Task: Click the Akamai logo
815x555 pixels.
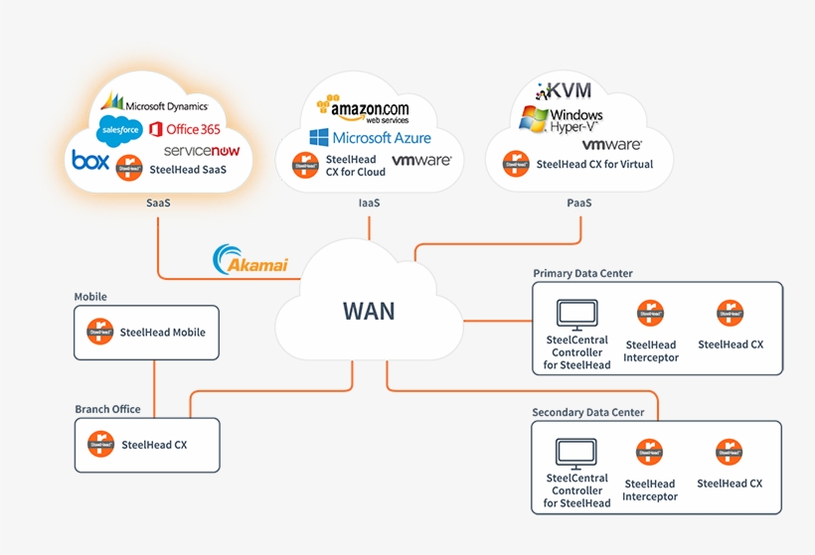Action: [x=250, y=260]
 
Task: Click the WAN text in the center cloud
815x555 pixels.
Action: [x=369, y=311]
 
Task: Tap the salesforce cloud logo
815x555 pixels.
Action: [x=118, y=129]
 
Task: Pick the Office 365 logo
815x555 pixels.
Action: [x=185, y=129]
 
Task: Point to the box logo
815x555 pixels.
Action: [x=89, y=160]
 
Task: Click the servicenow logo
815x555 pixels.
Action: [x=202, y=151]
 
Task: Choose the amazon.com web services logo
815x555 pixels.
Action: [x=363, y=108]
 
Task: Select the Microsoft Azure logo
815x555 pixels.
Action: [x=369, y=137]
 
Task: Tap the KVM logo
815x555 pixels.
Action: [x=564, y=91]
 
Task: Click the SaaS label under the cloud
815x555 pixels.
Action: [x=158, y=203]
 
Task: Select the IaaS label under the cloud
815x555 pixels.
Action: [x=369, y=203]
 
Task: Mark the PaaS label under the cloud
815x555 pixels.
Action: [x=579, y=203]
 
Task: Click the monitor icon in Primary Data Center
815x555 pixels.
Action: [x=576, y=316]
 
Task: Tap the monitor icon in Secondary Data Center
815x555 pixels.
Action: [x=576, y=454]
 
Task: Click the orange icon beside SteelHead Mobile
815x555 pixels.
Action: [x=99, y=332]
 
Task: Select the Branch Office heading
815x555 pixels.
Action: [x=107, y=409]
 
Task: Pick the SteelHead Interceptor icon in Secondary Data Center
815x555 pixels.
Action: [x=650, y=453]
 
